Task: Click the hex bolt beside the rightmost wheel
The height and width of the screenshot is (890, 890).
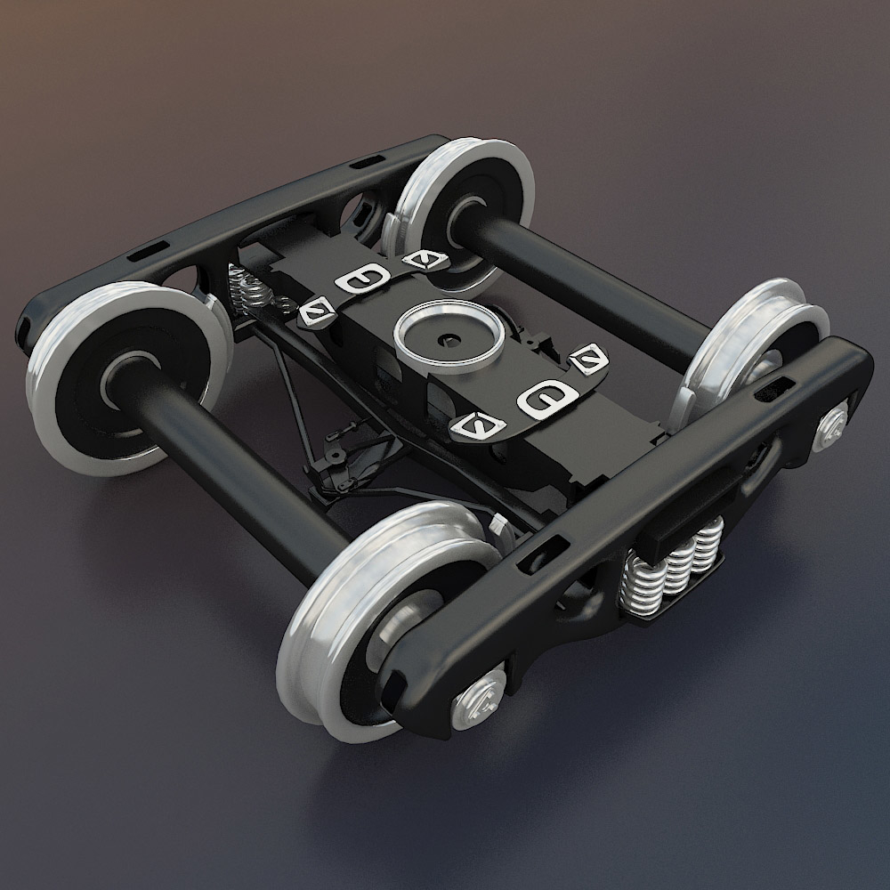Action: tap(831, 425)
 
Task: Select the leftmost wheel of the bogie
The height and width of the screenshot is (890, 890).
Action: tap(125, 374)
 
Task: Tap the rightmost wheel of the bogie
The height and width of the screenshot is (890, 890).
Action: tap(756, 347)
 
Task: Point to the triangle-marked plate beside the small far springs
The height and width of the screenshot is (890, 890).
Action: tap(315, 311)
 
